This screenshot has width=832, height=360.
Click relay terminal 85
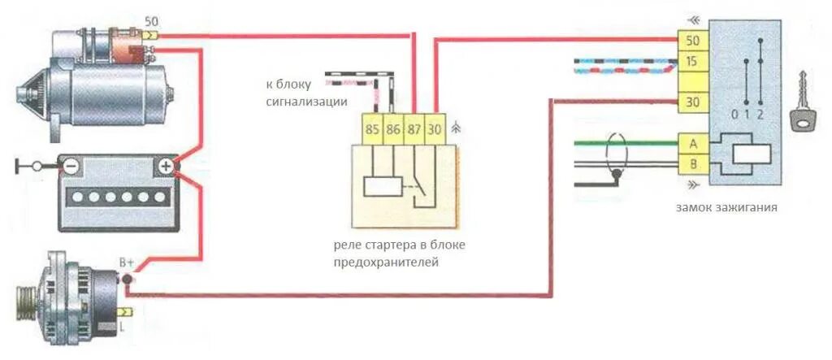point(371,128)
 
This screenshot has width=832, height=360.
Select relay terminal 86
point(393,128)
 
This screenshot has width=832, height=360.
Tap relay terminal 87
point(415,128)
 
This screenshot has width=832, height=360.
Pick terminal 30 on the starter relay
point(435,128)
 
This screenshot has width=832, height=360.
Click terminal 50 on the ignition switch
point(693,41)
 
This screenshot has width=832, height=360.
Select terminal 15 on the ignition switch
point(693,61)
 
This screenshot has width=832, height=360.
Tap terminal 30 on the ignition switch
point(693,102)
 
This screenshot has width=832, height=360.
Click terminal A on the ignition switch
point(693,144)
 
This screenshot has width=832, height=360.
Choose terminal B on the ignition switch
point(693,166)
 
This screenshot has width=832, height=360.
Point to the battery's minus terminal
point(71,166)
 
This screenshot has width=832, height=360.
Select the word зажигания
point(750,207)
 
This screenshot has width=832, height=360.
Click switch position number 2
point(760,115)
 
